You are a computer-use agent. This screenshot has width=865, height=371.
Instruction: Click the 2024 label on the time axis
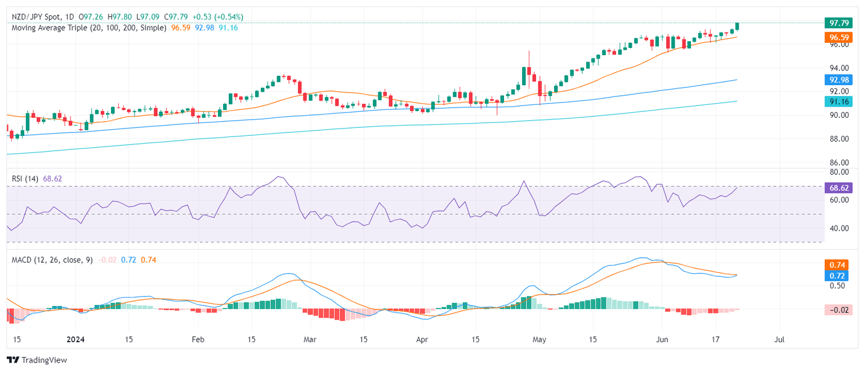point(74,340)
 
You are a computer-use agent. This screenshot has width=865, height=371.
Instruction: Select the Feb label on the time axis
point(198,340)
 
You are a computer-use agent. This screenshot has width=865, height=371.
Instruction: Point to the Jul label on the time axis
point(779,340)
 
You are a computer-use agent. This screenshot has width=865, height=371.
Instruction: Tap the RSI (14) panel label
point(25,179)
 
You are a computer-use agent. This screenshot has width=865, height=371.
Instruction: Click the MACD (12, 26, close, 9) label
point(52,260)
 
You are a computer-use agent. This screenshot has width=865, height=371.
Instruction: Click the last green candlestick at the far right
point(737,26)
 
